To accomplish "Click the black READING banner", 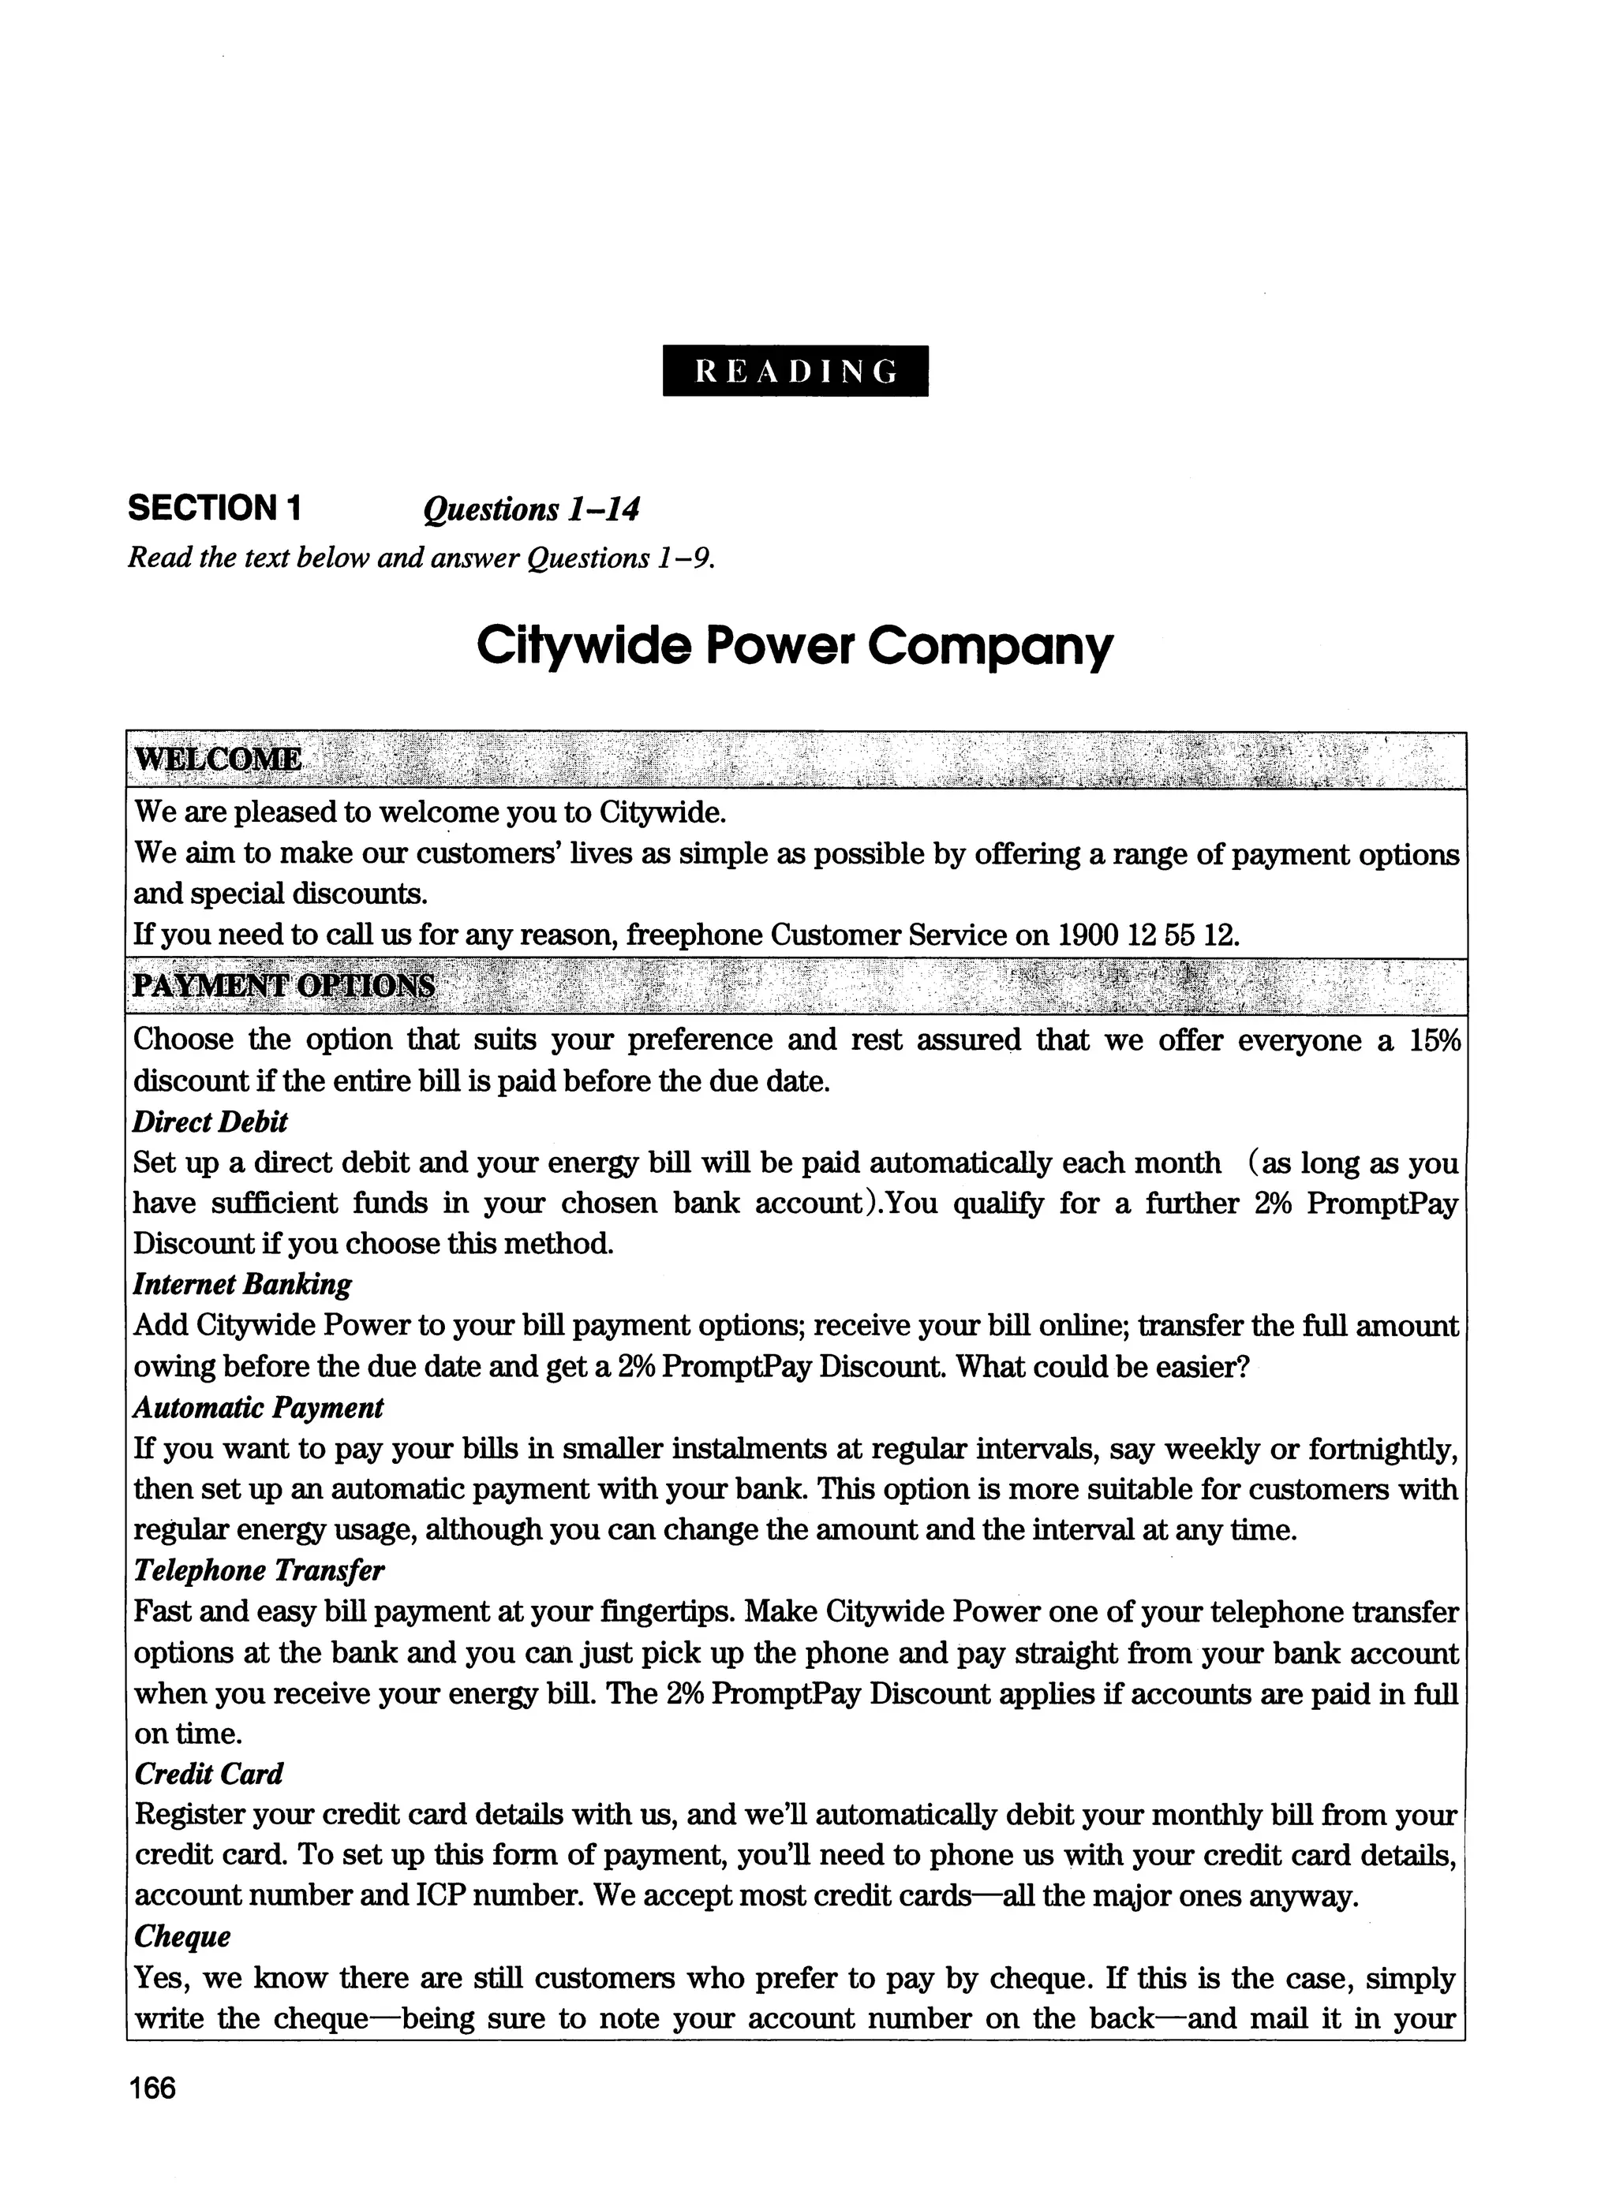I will [x=795, y=371].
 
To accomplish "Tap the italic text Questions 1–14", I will [x=531, y=510].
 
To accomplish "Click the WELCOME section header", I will [x=218, y=759].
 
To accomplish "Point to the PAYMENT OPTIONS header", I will [x=284, y=984].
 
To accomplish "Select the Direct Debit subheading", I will [x=211, y=1122].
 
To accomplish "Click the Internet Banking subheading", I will [x=241, y=1284].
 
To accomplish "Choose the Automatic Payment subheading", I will [x=258, y=1407].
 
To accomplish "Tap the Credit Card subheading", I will [x=208, y=1774].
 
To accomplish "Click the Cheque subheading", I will [x=182, y=1936].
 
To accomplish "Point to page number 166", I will [x=151, y=2088].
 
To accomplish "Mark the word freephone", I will [x=694, y=935].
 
